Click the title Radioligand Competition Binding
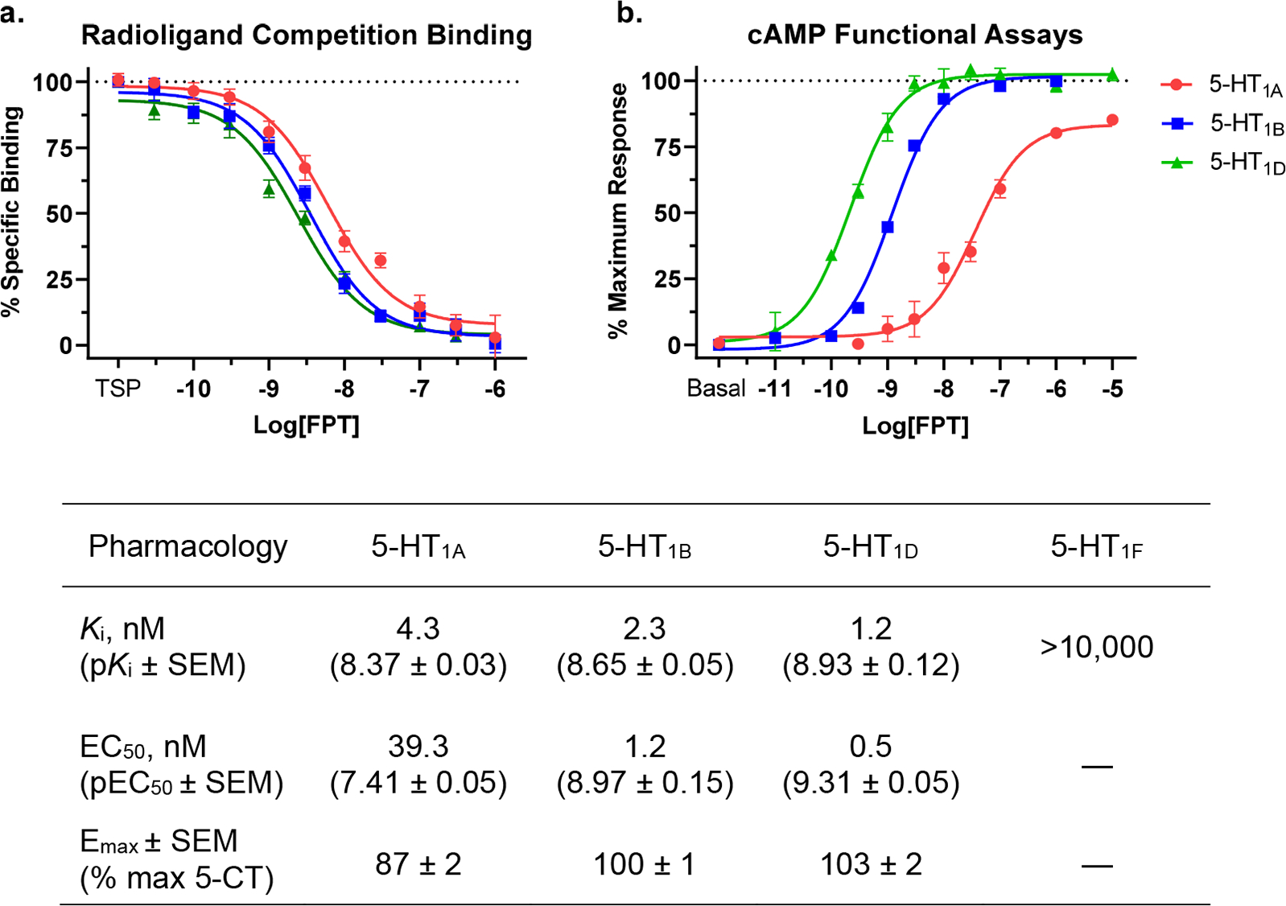(307, 35)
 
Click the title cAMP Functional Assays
(915, 35)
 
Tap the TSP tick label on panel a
(118, 389)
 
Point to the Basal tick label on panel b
(716, 389)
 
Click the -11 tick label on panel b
(774, 389)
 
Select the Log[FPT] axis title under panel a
(307, 425)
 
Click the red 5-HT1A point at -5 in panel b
(1112, 121)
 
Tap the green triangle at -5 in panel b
(1112, 75)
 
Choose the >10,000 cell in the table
(1096, 647)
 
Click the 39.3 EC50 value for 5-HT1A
(418, 747)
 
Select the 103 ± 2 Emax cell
(871, 865)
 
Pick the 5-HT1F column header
(1096, 547)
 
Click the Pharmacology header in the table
(188, 546)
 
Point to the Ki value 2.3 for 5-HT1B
(645, 629)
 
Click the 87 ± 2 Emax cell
(418, 865)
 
